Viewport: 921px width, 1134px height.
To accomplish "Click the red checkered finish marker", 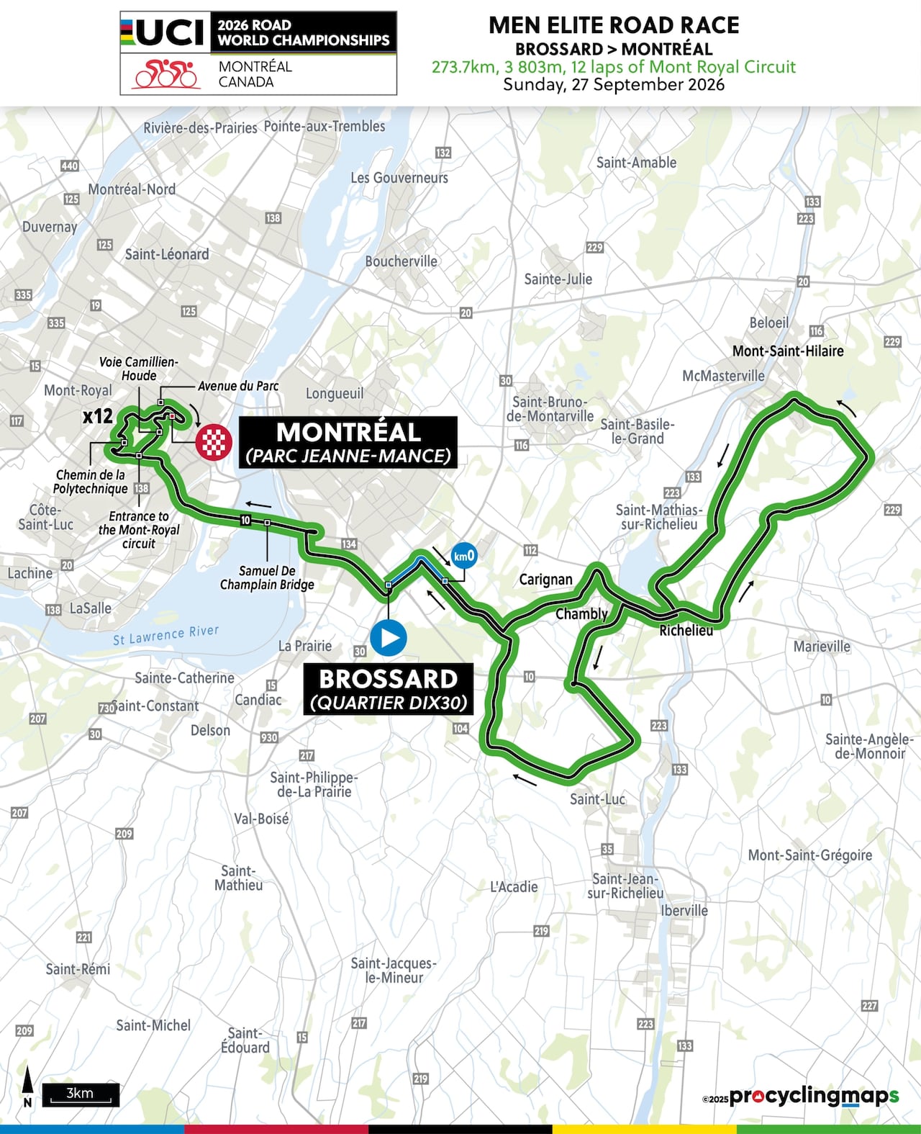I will [x=214, y=441].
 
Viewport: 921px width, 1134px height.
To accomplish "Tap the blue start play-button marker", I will [x=389, y=637].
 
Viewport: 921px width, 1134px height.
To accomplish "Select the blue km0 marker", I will [x=463, y=556].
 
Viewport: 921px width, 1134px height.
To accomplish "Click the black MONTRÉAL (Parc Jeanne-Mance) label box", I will [x=348, y=442].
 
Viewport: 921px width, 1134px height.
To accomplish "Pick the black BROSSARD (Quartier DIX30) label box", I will [x=389, y=689].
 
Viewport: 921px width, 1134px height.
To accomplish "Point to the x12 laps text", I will [x=97, y=415].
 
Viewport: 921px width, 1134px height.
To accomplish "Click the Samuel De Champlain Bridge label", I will [x=267, y=577].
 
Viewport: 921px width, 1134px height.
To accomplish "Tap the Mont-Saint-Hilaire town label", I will [x=788, y=351].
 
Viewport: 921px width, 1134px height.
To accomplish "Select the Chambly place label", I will [x=581, y=613].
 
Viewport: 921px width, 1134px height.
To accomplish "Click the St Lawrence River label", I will [x=166, y=635].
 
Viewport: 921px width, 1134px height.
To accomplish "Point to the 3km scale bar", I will [x=80, y=1094].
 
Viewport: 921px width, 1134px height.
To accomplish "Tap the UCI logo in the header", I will [x=164, y=32].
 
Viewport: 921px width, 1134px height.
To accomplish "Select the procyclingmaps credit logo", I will [x=813, y=1096].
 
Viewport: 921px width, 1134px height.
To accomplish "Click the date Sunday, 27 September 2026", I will [x=613, y=84].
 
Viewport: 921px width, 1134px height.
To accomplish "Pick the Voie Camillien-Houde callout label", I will [x=139, y=369].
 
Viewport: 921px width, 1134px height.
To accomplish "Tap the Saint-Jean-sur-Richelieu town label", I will [x=625, y=886].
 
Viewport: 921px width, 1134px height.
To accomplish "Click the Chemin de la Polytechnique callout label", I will [x=91, y=482].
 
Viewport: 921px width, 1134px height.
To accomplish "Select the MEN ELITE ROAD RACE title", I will [x=614, y=25].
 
